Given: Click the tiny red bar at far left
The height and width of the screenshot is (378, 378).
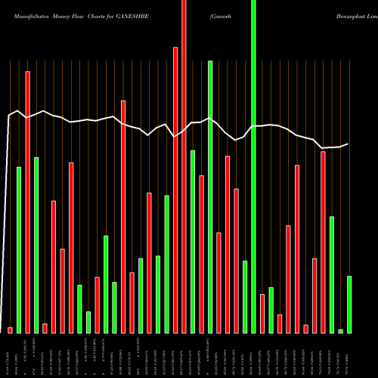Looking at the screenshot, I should click(11, 330).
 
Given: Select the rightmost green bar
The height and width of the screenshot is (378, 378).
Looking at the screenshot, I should click(349, 304).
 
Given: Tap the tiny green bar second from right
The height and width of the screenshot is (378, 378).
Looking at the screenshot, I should click(340, 331).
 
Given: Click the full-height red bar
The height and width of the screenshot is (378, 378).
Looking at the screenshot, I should click(184, 166).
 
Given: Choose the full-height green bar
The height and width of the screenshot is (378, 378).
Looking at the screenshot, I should click(253, 166).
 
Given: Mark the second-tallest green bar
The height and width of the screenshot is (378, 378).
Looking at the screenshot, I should click(210, 197).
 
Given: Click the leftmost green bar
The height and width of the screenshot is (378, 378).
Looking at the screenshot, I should click(19, 249).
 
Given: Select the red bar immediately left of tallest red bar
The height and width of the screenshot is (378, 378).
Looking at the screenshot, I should click(175, 189).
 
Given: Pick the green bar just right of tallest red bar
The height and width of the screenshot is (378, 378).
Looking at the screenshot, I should click(193, 241).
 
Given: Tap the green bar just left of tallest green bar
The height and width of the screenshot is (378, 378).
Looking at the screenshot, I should click(245, 296).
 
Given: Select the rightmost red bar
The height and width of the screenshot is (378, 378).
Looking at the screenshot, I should click(323, 242).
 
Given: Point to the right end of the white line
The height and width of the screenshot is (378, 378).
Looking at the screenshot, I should click(348, 144).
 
